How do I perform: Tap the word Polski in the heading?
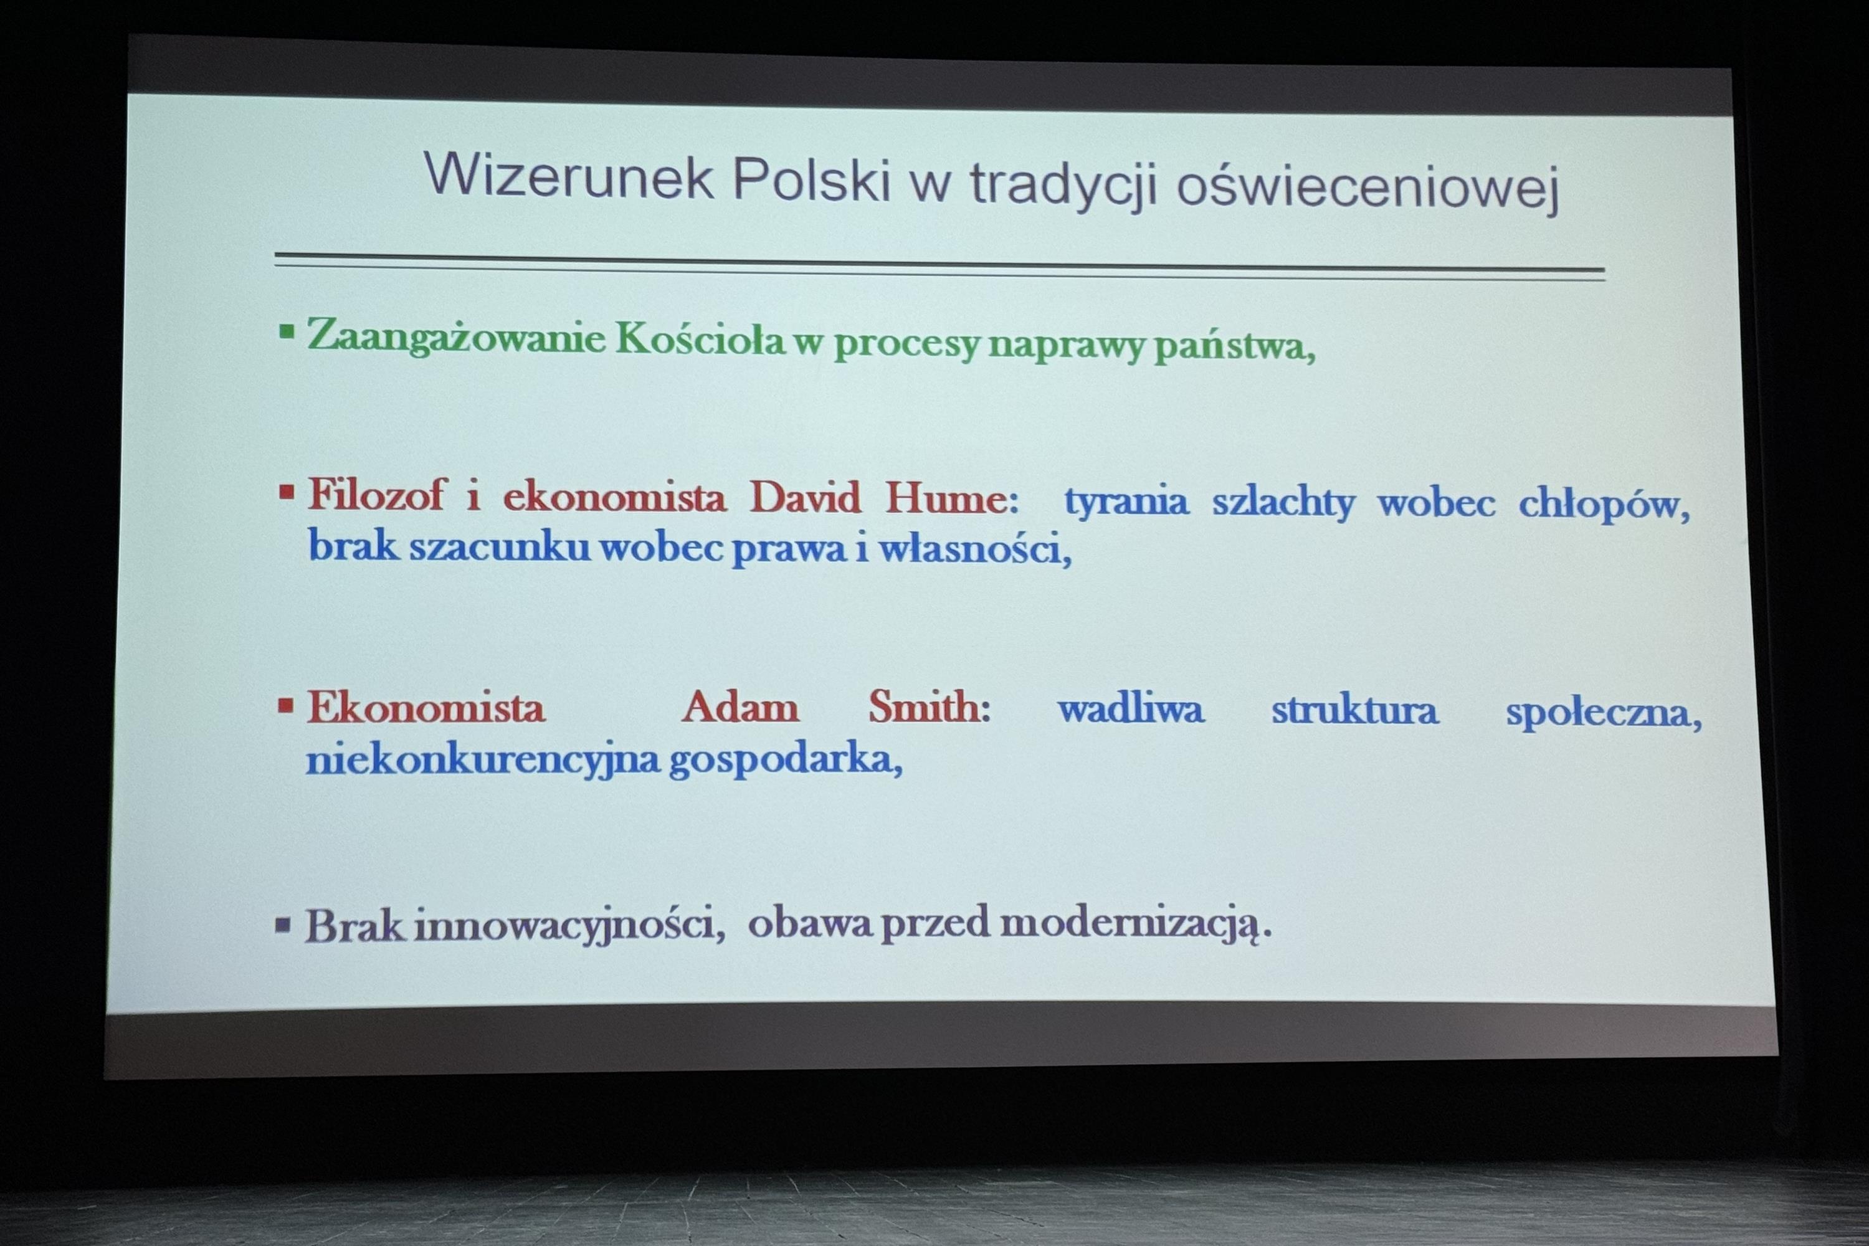pos(811,179)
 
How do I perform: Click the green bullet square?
pos(287,331)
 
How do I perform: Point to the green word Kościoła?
pos(700,340)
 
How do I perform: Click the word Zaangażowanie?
pos(457,337)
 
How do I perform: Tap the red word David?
pos(805,497)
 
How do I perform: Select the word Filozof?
pos(378,494)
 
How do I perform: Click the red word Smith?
pos(930,706)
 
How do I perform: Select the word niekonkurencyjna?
pos(483,759)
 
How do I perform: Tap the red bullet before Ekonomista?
pos(286,705)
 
